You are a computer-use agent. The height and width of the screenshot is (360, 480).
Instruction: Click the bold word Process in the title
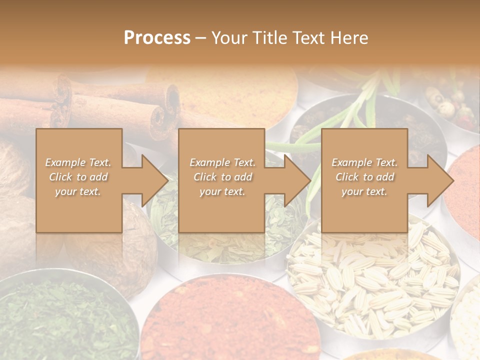[x=157, y=38]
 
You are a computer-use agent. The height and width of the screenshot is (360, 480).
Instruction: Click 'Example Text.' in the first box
[x=78, y=162]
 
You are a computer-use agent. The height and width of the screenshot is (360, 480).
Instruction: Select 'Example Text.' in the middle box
[x=222, y=162]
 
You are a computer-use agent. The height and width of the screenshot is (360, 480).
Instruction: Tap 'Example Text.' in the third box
[x=364, y=162]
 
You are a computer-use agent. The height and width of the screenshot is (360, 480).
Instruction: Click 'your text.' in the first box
[x=78, y=191]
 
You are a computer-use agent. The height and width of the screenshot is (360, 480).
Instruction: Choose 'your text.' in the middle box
[x=222, y=191]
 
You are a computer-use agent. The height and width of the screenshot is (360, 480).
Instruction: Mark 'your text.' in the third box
[x=364, y=191]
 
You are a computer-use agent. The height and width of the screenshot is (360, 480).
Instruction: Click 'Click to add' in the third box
[x=364, y=177]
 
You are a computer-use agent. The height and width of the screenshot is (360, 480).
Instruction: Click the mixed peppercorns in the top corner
[x=450, y=105]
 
